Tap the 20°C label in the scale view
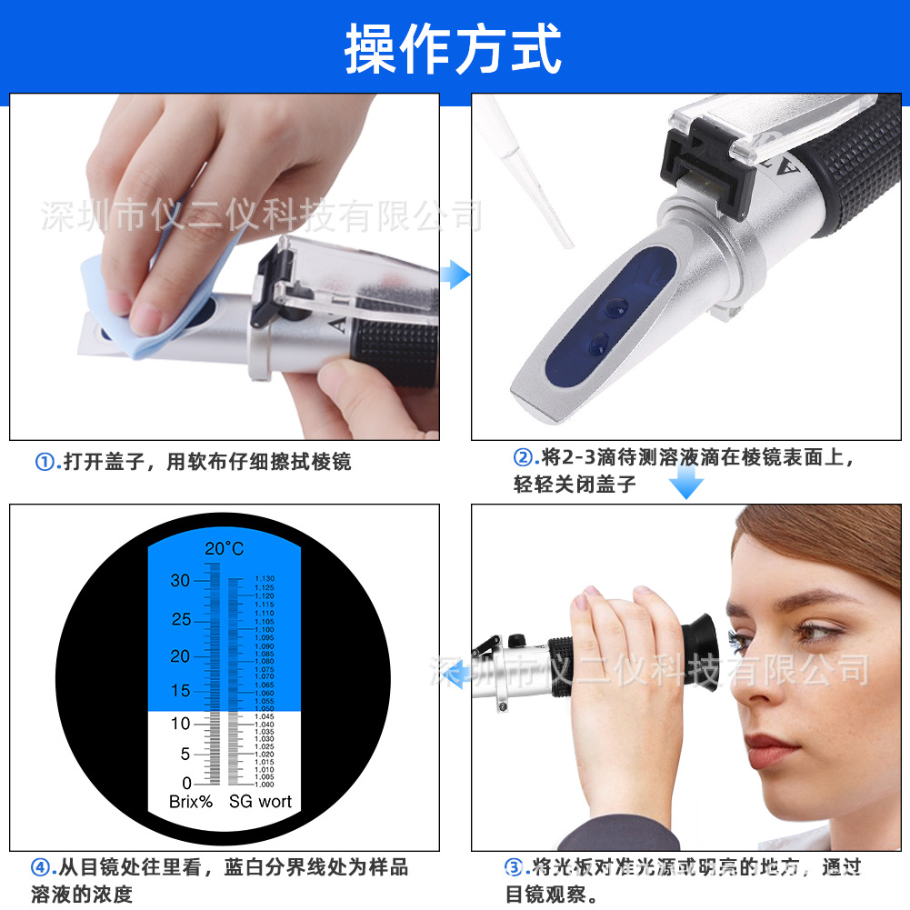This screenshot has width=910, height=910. (x=224, y=548)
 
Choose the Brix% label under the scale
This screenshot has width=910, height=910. (x=191, y=802)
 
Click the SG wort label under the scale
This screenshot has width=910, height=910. (x=260, y=802)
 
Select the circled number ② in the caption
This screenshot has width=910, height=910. (x=523, y=456)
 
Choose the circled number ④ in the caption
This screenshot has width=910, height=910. (x=41, y=867)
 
